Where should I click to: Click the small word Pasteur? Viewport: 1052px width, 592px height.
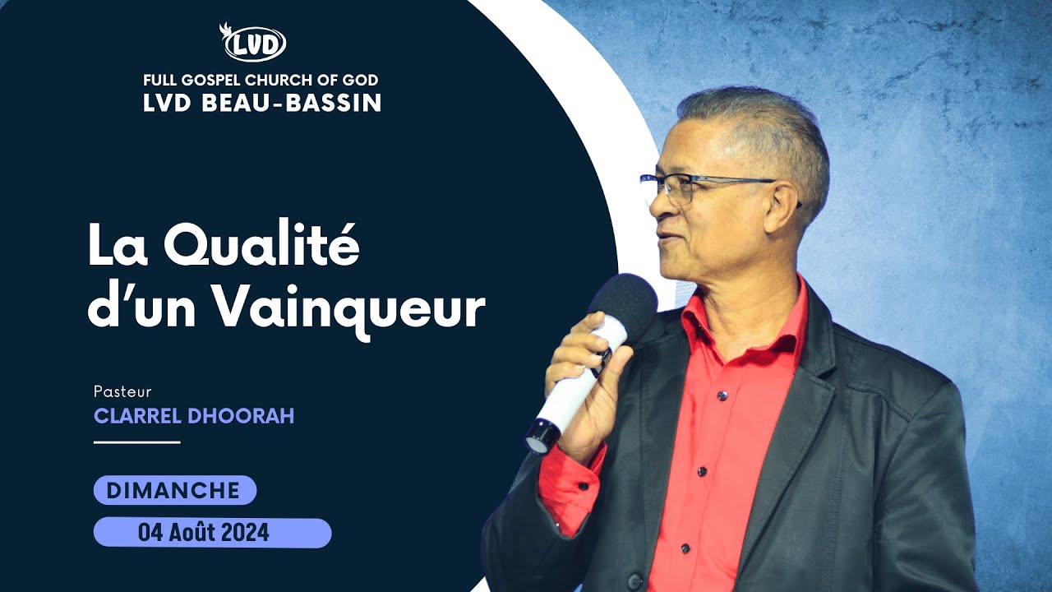point(122,391)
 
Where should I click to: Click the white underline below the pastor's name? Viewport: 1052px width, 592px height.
point(136,442)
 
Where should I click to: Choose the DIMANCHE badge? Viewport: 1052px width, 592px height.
point(174,491)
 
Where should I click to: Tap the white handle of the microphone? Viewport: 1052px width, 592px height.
point(567,395)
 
